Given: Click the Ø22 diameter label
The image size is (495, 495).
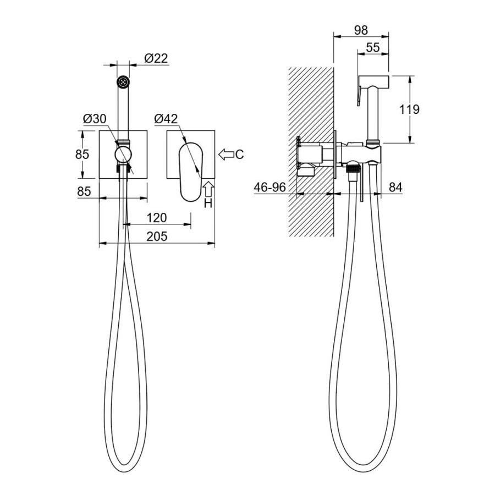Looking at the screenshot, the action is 156,58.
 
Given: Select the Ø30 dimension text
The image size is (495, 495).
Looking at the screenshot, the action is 95,119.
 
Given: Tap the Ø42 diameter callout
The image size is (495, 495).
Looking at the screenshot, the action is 166,119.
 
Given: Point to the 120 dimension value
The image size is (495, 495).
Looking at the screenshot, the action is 157,217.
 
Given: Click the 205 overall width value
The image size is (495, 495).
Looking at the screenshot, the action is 157,236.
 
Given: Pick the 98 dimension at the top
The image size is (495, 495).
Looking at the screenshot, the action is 361,30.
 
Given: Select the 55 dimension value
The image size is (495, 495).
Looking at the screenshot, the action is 373,48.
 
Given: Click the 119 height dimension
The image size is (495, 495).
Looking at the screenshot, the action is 409,109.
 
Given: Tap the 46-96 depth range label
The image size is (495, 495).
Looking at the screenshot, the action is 270,187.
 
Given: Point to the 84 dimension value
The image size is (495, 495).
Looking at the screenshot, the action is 395,187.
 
